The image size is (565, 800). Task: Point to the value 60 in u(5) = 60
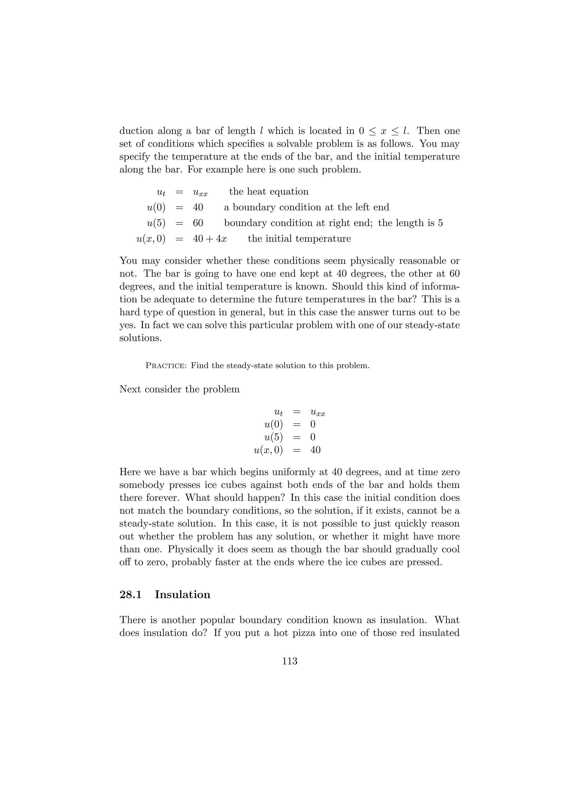click(x=198, y=223)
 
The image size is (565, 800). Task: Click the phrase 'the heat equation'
click(x=269, y=192)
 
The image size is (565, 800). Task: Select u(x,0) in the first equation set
click(x=151, y=239)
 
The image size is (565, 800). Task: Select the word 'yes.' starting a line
click(x=129, y=325)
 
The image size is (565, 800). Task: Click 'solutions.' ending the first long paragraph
click(x=141, y=338)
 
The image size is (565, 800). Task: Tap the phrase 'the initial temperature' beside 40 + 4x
click(x=299, y=239)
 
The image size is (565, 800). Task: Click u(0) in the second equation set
click(x=274, y=424)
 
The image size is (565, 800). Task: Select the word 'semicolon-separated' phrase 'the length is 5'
click(x=411, y=223)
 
